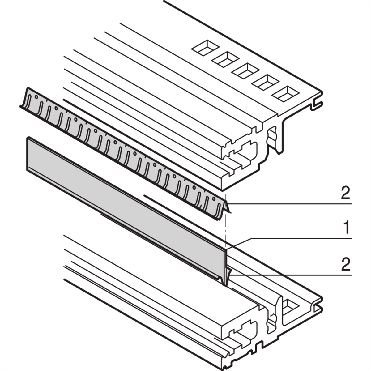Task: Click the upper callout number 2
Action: pos(345,194)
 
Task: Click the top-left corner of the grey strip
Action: pos(28,138)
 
